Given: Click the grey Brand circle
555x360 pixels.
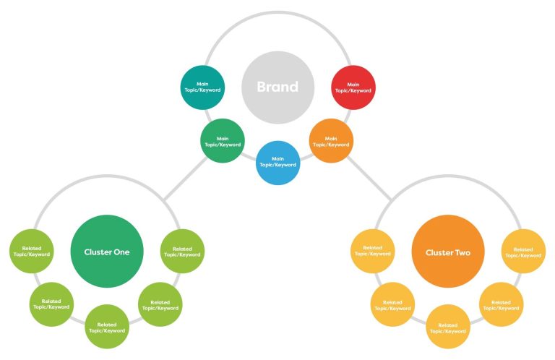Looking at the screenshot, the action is [x=277, y=87].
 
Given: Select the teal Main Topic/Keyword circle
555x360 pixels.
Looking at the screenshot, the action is [x=202, y=87].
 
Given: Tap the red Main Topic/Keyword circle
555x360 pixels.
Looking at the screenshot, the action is [x=353, y=87].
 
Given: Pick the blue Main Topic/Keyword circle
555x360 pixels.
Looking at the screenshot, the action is [x=277, y=163].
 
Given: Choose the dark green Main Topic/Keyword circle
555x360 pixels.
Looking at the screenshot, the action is [x=223, y=140].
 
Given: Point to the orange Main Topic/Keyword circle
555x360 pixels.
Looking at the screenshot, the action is [x=331, y=140].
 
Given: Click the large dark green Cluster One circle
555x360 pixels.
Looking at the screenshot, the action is [x=107, y=252].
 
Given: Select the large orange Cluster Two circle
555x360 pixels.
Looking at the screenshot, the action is [x=448, y=252].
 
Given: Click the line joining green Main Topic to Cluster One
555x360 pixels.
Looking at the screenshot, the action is [x=186, y=179].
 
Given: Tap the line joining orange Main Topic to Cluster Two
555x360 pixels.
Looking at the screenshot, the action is [x=369, y=179].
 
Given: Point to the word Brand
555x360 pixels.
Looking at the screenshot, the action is [x=277, y=87].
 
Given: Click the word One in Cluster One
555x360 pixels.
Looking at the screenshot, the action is [x=121, y=252].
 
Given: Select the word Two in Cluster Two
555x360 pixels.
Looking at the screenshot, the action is [x=462, y=252].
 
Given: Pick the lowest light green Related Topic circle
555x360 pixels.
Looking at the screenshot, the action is [x=107, y=326].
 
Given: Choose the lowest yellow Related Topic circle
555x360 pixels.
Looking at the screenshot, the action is [x=448, y=326].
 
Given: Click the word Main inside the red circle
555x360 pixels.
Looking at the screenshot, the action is [x=353, y=85].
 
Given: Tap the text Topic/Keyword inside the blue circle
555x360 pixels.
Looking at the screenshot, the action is [x=277, y=165].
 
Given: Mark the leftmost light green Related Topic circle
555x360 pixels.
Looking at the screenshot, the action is [x=32, y=251].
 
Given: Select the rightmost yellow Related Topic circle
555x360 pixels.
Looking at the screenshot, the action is [x=523, y=251].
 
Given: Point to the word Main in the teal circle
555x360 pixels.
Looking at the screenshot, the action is [x=202, y=84].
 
